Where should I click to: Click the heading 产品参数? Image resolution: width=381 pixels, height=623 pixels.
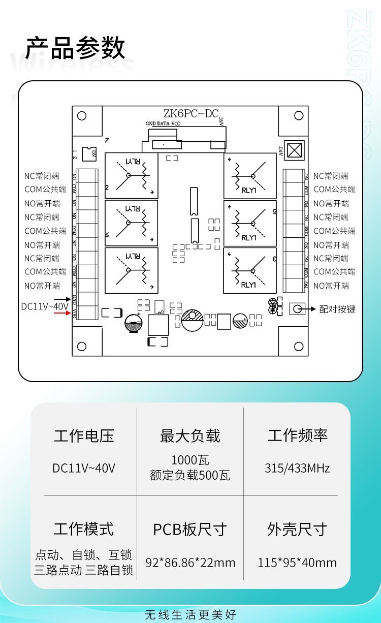[75, 48]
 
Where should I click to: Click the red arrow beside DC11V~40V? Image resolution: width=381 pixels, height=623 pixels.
[63, 313]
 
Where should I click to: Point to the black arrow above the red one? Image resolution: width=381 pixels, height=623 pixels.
[63, 300]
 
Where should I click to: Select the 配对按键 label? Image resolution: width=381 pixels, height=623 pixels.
[337, 309]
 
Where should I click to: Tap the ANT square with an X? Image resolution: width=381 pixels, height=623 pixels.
[294, 150]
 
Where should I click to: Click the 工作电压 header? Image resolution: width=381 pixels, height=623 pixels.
[84, 436]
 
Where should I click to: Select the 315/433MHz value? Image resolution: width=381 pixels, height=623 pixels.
[297, 468]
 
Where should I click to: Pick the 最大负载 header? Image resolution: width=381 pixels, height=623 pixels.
[190, 436]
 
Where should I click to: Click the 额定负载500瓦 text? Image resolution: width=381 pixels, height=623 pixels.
[190, 476]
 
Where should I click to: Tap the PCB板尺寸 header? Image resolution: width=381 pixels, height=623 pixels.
[190, 529]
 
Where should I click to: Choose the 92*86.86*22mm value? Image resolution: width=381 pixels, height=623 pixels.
[190, 563]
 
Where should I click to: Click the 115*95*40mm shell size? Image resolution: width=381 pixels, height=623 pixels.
[297, 563]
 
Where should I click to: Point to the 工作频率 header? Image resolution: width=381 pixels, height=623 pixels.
[298, 435]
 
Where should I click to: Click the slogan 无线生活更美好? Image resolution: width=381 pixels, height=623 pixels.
[190, 615]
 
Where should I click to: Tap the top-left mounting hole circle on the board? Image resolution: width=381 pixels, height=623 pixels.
[82, 116]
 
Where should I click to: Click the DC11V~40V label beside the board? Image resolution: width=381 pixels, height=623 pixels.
[44, 307]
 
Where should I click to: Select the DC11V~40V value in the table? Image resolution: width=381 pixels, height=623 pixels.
[84, 468]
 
